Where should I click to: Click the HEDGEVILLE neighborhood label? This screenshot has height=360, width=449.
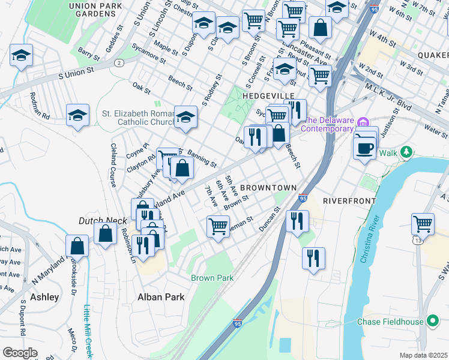268,96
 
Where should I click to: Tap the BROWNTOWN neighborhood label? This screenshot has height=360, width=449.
269,188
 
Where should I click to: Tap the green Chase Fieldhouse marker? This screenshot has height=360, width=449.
430,320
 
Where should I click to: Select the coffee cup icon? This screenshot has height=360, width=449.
365,147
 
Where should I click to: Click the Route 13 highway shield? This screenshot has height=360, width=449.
416,240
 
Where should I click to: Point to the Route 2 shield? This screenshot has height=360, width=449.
119,63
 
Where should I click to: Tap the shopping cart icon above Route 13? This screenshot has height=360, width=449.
423,224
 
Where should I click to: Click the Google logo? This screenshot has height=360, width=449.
20,353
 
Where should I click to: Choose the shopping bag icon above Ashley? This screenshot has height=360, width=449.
77,245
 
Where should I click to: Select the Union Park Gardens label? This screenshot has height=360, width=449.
92,9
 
